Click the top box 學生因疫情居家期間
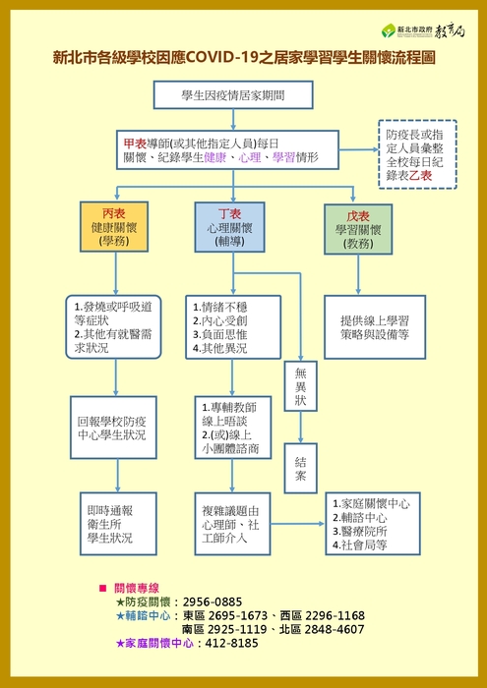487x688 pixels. (233, 94)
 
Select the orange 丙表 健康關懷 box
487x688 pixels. (114, 226)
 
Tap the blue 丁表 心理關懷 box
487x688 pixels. (229, 227)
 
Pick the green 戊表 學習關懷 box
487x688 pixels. (358, 229)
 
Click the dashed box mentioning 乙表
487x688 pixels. (417, 154)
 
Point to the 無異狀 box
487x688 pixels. (301, 386)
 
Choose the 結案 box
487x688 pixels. (301, 468)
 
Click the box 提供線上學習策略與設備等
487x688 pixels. (375, 327)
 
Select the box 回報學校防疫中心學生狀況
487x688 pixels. (113, 428)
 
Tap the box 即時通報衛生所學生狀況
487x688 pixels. (118, 524)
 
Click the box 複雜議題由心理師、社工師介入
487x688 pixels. (233, 524)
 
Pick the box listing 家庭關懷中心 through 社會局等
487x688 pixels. (373, 524)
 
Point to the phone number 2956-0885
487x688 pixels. (213, 602)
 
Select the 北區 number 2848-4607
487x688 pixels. (335, 630)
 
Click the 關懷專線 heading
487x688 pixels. (137, 588)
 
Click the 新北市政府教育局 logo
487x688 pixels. (423, 30)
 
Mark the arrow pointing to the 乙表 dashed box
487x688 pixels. (359, 150)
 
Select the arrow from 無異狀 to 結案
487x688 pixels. (301, 427)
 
